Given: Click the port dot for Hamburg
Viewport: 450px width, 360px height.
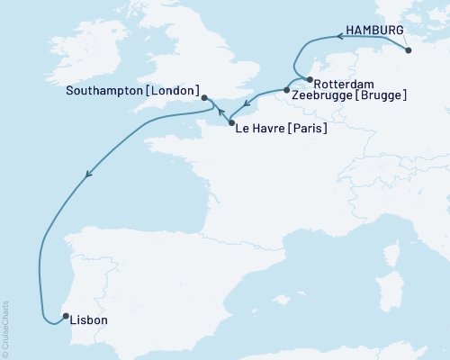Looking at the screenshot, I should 409,50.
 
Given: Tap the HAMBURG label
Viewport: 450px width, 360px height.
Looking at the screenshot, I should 375,30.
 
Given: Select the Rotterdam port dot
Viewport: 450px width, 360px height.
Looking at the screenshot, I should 310,79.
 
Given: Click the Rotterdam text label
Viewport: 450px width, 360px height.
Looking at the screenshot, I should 346,82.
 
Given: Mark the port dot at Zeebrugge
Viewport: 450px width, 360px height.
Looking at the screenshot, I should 286,90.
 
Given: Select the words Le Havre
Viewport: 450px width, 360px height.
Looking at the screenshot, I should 258,129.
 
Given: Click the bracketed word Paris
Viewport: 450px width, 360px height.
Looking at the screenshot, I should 307,129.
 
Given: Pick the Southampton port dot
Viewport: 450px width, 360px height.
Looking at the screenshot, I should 204,98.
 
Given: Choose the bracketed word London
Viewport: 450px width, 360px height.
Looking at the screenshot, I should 173,91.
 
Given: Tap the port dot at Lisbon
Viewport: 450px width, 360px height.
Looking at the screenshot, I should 64,315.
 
